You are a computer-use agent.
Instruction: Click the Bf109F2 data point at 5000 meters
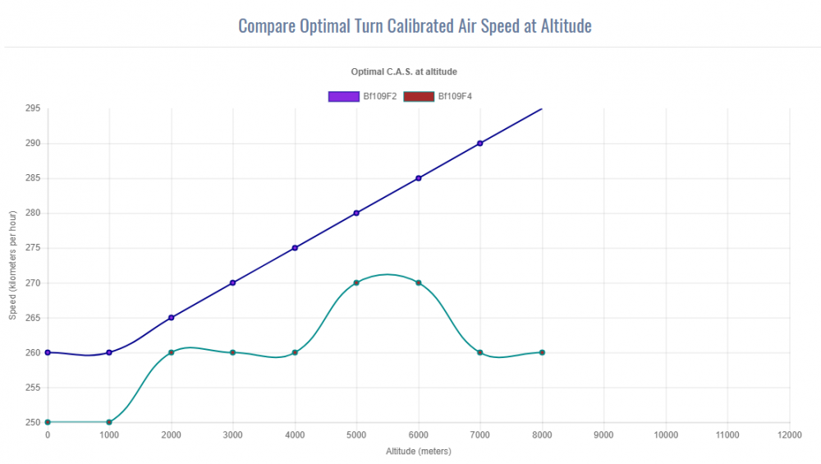tap(356, 213)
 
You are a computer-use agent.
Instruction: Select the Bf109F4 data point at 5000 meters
tap(356, 283)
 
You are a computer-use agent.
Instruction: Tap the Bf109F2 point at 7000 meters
tap(480, 143)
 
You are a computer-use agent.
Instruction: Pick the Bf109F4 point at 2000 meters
tap(171, 352)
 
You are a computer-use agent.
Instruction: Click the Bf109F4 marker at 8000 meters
tap(542, 352)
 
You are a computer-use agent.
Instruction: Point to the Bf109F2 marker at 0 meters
tap(48, 352)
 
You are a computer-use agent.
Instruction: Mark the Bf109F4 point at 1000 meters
tap(109, 422)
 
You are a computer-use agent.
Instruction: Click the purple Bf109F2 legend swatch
tap(344, 96)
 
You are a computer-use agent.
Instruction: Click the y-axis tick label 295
tap(33, 108)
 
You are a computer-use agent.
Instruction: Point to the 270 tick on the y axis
tap(33, 283)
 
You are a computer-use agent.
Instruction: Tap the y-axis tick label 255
tap(33, 388)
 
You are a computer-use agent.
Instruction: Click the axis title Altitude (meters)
tap(419, 451)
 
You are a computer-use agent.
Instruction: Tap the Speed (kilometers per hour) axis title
tap(11, 265)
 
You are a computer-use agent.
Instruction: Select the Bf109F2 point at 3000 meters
tap(233, 283)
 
